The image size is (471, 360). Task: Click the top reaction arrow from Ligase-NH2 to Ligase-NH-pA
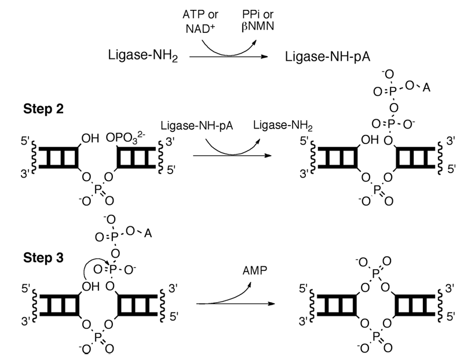coord(232,57)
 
